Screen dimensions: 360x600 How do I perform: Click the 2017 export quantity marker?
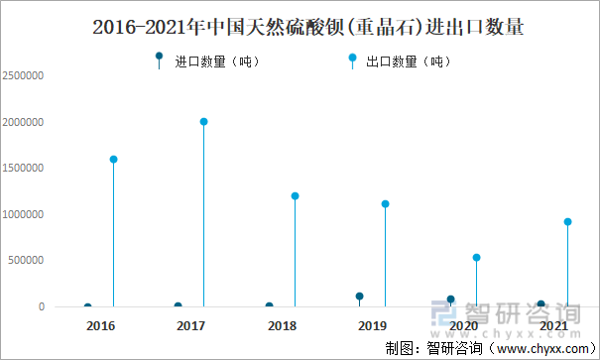pos(203,122)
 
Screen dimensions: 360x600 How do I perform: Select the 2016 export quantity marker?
pos(113,159)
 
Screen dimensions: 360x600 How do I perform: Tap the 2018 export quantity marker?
pos(295,195)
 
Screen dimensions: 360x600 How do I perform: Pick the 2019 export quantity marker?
pos(385,203)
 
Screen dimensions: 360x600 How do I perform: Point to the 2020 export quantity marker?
pos(476,257)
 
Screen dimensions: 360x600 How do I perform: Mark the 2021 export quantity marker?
pos(567,221)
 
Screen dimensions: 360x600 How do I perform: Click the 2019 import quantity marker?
pos(359,296)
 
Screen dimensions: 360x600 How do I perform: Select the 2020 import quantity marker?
pos(450,299)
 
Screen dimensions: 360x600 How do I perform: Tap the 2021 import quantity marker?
pos(540,303)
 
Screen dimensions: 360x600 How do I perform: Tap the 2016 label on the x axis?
pos(100,325)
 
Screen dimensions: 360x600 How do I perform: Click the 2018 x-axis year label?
pos(282,325)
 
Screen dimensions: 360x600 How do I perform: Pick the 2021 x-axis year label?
pos(554,325)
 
